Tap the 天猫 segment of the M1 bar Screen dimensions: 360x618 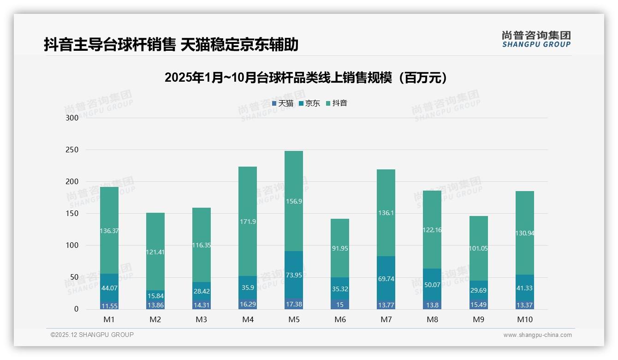click(x=109, y=306)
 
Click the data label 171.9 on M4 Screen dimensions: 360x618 click(x=248, y=222)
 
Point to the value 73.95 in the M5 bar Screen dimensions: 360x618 click(x=294, y=275)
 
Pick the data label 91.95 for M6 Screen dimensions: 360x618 click(x=340, y=248)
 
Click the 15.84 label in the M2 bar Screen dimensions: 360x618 click(x=155, y=296)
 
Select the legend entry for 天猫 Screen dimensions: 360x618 click(x=283, y=103)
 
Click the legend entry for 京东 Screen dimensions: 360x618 click(x=309, y=103)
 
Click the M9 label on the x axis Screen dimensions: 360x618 click(x=478, y=319)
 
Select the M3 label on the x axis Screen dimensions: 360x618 click(x=202, y=319)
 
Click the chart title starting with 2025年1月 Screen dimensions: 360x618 click(x=306, y=78)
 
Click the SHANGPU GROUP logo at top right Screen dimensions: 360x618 click(x=536, y=39)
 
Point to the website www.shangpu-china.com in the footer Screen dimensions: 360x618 click(x=537, y=335)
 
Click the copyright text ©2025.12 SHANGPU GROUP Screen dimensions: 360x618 click(x=92, y=335)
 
